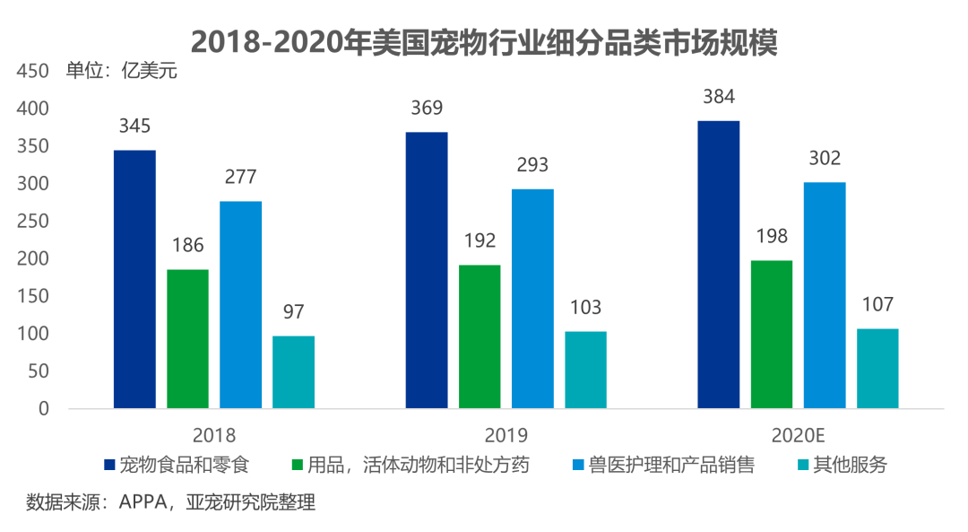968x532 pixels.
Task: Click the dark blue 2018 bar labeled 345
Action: click(x=134, y=279)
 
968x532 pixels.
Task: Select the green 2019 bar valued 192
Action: click(x=480, y=336)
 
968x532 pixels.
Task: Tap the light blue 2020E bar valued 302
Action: click(x=825, y=295)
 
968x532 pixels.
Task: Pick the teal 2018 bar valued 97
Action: click(x=293, y=372)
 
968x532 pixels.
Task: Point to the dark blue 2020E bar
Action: click(x=719, y=265)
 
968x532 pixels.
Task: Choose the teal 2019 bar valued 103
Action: click(x=585, y=370)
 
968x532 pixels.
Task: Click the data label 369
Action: click(x=427, y=109)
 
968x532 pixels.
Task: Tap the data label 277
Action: click(x=240, y=178)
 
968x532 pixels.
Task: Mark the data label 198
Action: click(x=772, y=237)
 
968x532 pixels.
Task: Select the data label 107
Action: click(x=877, y=305)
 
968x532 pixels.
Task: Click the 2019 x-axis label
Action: click(x=506, y=436)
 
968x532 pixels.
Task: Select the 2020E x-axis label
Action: click(x=798, y=436)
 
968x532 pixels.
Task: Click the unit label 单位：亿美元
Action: click(x=122, y=72)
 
